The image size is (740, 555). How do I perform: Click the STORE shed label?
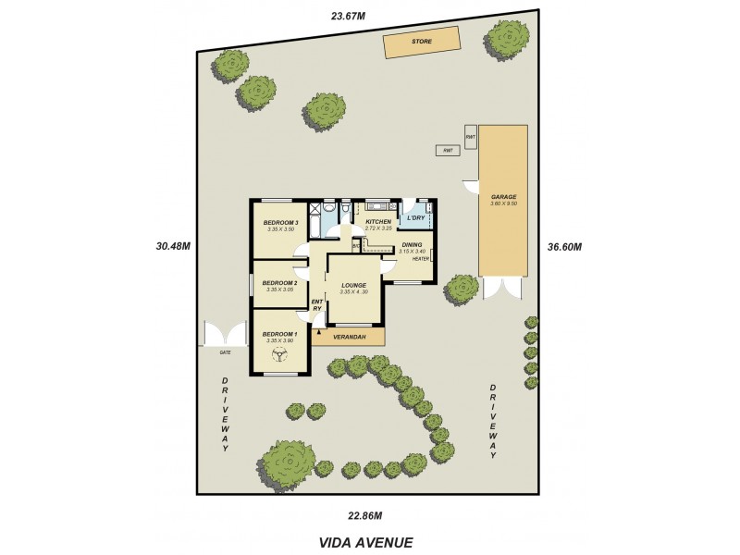pyautogui.click(x=421, y=42)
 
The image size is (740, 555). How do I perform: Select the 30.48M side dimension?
pyautogui.click(x=173, y=246)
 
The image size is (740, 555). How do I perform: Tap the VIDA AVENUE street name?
pyautogui.click(x=365, y=543)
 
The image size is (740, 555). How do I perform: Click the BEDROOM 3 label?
pyautogui.click(x=280, y=223)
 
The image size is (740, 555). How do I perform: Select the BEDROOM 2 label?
pyautogui.click(x=279, y=283)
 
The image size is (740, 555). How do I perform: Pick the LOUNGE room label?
pyautogui.click(x=354, y=285)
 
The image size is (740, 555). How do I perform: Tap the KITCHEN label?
pyautogui.click(x=378, y=223)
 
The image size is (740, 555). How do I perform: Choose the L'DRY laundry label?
pyautogui.click(x=415, y=218)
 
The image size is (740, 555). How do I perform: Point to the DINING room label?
pyautogui.click(x=412, y=244)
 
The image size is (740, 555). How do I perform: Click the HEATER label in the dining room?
pyautogui.click(x=421, y=259)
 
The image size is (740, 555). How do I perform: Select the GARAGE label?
pyautogui.click(x=503, y=197)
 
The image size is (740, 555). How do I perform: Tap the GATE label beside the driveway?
pyautogui.click(x=224, y=352)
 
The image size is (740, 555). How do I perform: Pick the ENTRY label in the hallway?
pyautogui.click(x=316, y=304)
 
